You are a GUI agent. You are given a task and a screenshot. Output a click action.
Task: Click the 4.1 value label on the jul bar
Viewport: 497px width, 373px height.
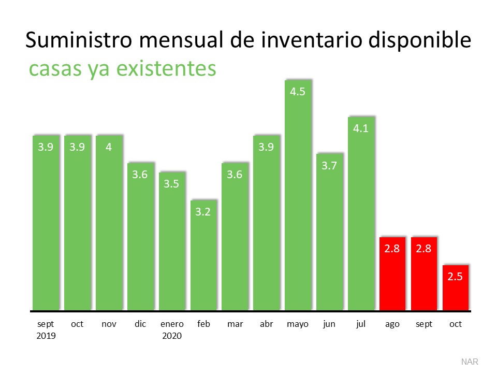click(x=361, y=128)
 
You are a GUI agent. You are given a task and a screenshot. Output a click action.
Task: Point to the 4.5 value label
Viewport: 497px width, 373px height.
click(x=298, y=93)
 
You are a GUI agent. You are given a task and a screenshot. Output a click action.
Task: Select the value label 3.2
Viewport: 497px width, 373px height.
click(x=203, y=211)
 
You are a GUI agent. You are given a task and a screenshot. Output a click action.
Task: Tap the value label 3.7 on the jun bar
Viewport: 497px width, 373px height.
click(x=329, y=166)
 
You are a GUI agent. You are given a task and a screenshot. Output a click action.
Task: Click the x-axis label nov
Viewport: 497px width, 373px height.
click(x=109, y=324)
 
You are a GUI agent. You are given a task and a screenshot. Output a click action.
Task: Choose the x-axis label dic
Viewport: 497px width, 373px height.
click(x=140, y=324)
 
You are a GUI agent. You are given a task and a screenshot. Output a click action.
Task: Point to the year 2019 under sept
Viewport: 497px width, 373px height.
click(x=46, y=336)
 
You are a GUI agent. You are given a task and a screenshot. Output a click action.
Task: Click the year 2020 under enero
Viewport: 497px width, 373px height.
click(x=172, y=336)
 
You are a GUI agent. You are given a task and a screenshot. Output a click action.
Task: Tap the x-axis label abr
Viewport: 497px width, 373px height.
click(x=266, y=324)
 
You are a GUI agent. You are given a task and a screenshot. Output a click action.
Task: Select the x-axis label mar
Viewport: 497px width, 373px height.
click(x=235, y=324)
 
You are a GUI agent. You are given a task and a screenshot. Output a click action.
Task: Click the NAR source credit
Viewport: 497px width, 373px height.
click(x=470, y=361)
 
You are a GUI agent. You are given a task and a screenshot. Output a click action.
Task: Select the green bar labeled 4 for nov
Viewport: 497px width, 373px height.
click(x=109, y=223)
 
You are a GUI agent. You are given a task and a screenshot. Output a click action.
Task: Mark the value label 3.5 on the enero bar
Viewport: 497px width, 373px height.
click(x=172, y=184)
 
